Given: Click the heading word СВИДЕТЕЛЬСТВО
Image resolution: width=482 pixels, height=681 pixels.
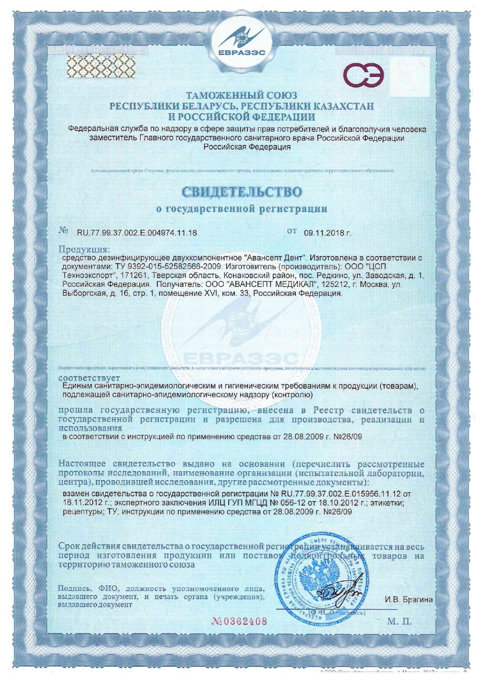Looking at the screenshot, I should (242, 191).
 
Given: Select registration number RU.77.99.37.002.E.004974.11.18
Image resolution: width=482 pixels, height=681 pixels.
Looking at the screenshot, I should (137, 233).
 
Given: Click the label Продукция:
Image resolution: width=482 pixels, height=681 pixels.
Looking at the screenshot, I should (84, 249).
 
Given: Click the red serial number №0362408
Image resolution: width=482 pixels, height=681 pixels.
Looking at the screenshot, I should (240, 621).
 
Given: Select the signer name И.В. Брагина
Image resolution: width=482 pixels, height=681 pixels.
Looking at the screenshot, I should (408, 600).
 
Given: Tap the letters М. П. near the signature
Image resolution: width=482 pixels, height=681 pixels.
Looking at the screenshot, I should (399, 622).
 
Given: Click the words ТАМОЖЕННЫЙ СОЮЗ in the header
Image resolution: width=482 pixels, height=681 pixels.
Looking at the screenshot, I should (242, 96).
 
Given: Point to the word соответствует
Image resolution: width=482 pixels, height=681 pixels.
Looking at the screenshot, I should (89, 377).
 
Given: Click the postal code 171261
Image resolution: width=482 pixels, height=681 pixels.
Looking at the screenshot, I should (135, 276).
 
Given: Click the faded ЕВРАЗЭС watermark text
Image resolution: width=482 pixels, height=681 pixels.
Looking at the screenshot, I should (241, 358).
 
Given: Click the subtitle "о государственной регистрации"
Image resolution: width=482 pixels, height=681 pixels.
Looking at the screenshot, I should (242, 209).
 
